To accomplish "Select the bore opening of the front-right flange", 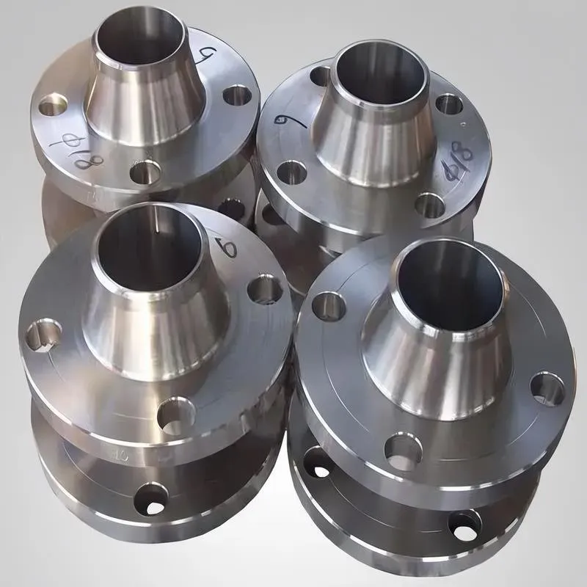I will (447, 278).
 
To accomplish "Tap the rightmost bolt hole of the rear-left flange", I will (237, 95).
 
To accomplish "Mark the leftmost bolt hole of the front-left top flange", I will (44, 335).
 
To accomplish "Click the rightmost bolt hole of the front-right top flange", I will (547, 389).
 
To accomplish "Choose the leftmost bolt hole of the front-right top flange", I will (328, 306).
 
